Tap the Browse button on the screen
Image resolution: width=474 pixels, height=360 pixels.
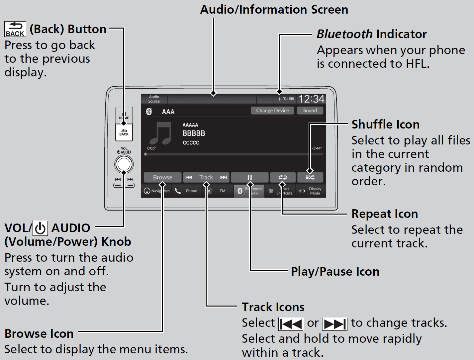click(162, 177)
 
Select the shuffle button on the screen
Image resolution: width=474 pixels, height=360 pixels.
click(310, 177)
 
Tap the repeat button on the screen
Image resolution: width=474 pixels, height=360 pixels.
click(283, 177)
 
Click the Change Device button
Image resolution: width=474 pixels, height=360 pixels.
click(272, 111)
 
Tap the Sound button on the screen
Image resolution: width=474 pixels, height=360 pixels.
click(310, 111)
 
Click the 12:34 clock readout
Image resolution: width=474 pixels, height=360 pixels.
click(311, 99)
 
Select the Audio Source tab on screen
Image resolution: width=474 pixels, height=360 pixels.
click(154, 99)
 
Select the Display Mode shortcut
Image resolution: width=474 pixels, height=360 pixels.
click(311, 191)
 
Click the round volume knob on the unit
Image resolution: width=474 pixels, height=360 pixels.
click(124, 164)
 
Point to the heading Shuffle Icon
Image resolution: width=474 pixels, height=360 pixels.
click(385, 125)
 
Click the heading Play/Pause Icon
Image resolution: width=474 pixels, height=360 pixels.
click(335, 272)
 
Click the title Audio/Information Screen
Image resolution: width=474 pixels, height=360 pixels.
click(274, 10)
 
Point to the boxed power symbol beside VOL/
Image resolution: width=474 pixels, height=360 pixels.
click(40, 228)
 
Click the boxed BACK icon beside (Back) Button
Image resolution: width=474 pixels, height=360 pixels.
click(15, 29)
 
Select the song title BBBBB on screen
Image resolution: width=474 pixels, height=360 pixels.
click(194, 134)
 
